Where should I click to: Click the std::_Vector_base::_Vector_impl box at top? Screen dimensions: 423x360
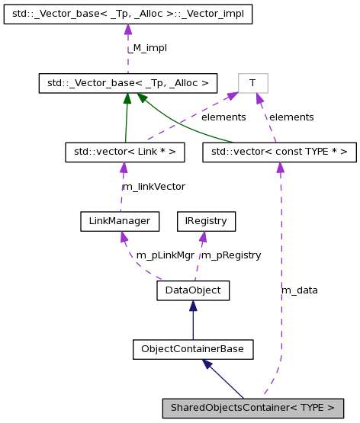click(127, 14)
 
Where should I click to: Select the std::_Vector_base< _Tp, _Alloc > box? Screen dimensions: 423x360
click(128, 82)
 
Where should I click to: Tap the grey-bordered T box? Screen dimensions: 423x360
click(253, 82)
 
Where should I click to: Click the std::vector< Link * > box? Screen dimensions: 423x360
click(125, 152)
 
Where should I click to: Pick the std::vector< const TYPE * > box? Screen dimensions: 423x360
click(279, 152)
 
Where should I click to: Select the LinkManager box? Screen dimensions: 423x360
click(120, 221)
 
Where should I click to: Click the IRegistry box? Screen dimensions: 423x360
click(206, 221)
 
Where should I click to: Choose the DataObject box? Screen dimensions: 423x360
click(193, 290)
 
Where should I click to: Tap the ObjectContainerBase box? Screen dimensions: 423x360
click(192, 349)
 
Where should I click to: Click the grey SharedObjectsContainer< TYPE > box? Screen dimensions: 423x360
click(251, 408)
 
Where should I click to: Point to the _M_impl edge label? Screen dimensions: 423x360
click(146, 48)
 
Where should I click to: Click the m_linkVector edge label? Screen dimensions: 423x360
click(153, 187)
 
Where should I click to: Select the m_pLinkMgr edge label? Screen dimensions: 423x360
click(165, 255)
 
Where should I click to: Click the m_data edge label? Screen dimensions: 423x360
click(300, 290)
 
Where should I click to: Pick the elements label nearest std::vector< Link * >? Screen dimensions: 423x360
click(223, 117)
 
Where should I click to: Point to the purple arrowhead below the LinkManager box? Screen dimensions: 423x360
click(123, 237)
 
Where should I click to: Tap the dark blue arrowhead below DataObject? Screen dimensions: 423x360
click(193, 306)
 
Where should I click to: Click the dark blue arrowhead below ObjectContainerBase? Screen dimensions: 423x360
click(207, 364)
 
